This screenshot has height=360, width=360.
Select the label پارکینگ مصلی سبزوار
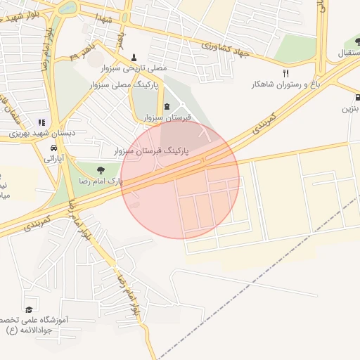coord(124,84)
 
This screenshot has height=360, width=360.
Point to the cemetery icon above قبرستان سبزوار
coord(167,106)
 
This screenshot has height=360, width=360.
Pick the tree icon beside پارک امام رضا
coord(101,169)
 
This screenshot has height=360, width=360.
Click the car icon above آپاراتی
coord(54,148)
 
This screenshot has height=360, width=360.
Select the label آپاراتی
coord(54,159)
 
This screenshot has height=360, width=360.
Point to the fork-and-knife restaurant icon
coord(285,73)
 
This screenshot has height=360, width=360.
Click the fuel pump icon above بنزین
coord(358,98)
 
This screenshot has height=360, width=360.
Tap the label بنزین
coord(350,109)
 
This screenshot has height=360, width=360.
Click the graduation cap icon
coord(29,309)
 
